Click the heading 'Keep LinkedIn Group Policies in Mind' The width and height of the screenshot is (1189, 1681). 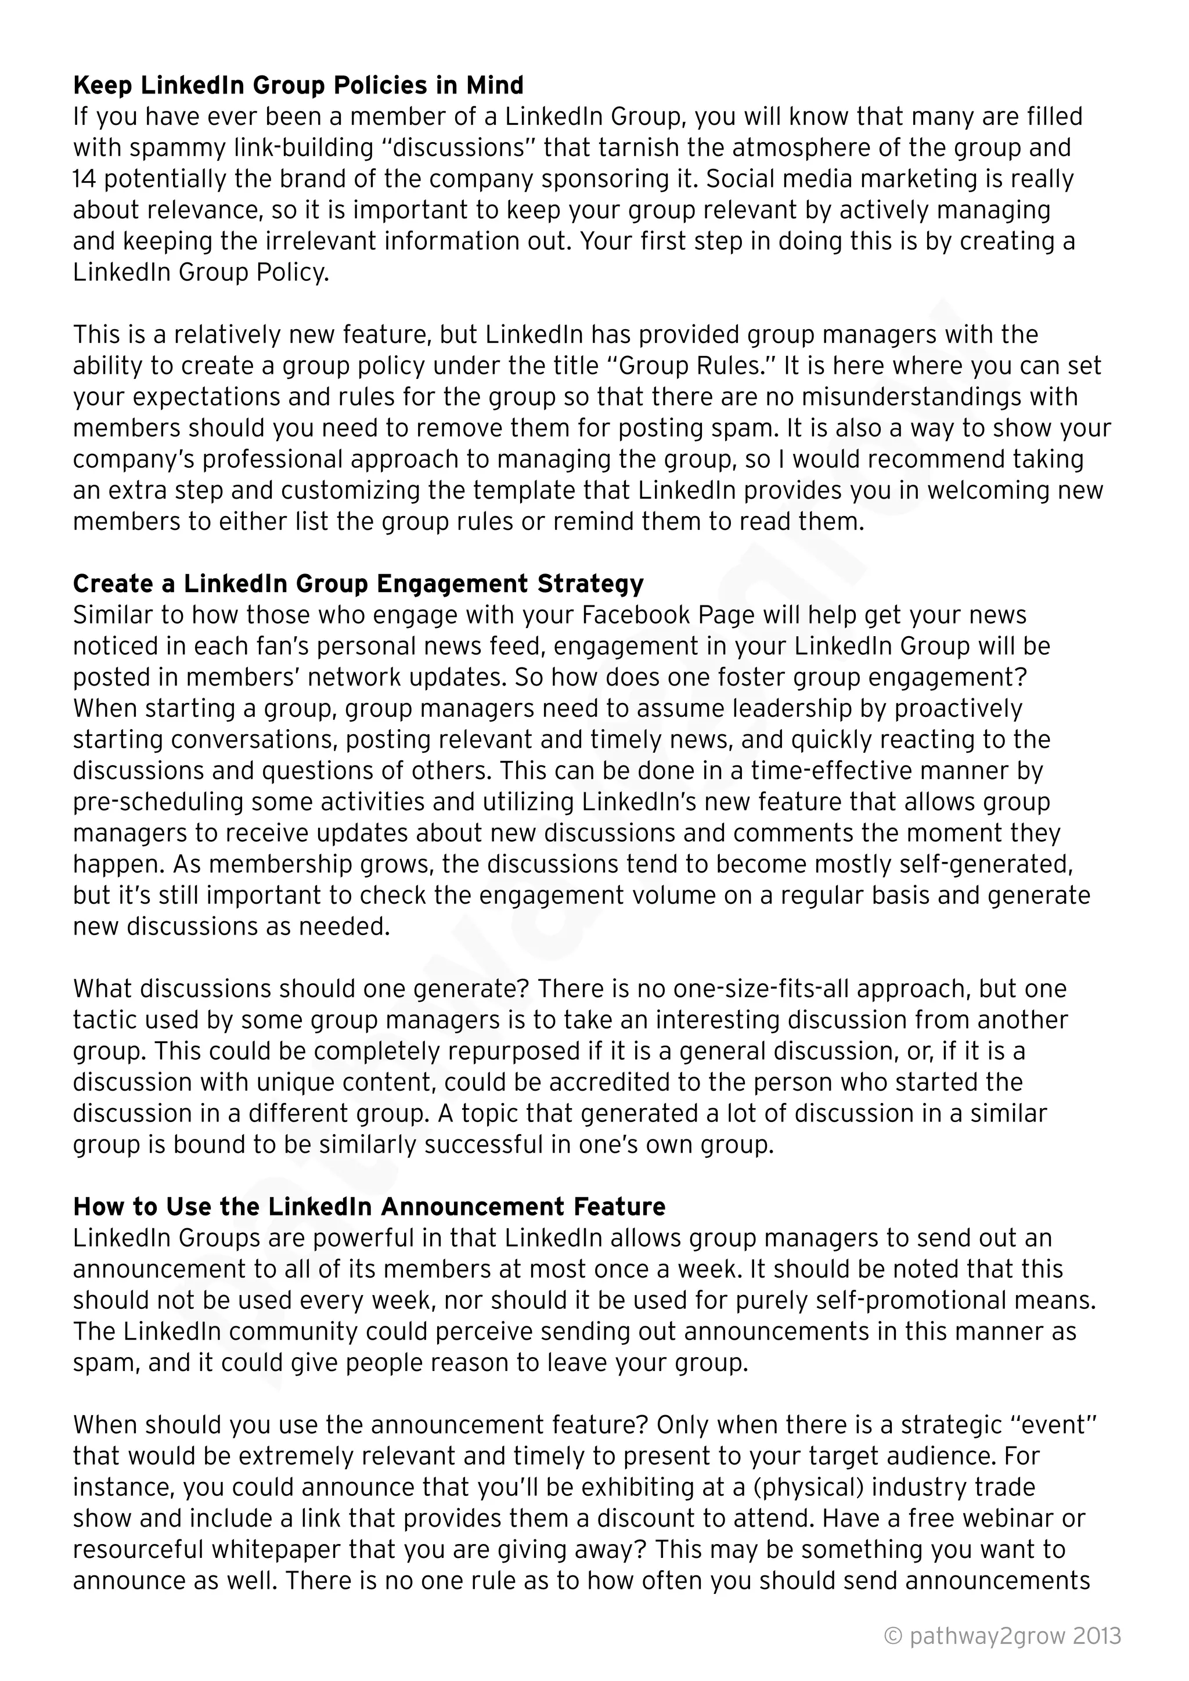[x=298, y=86]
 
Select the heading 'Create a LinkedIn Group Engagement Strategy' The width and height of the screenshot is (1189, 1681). [x=358, y=583]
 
